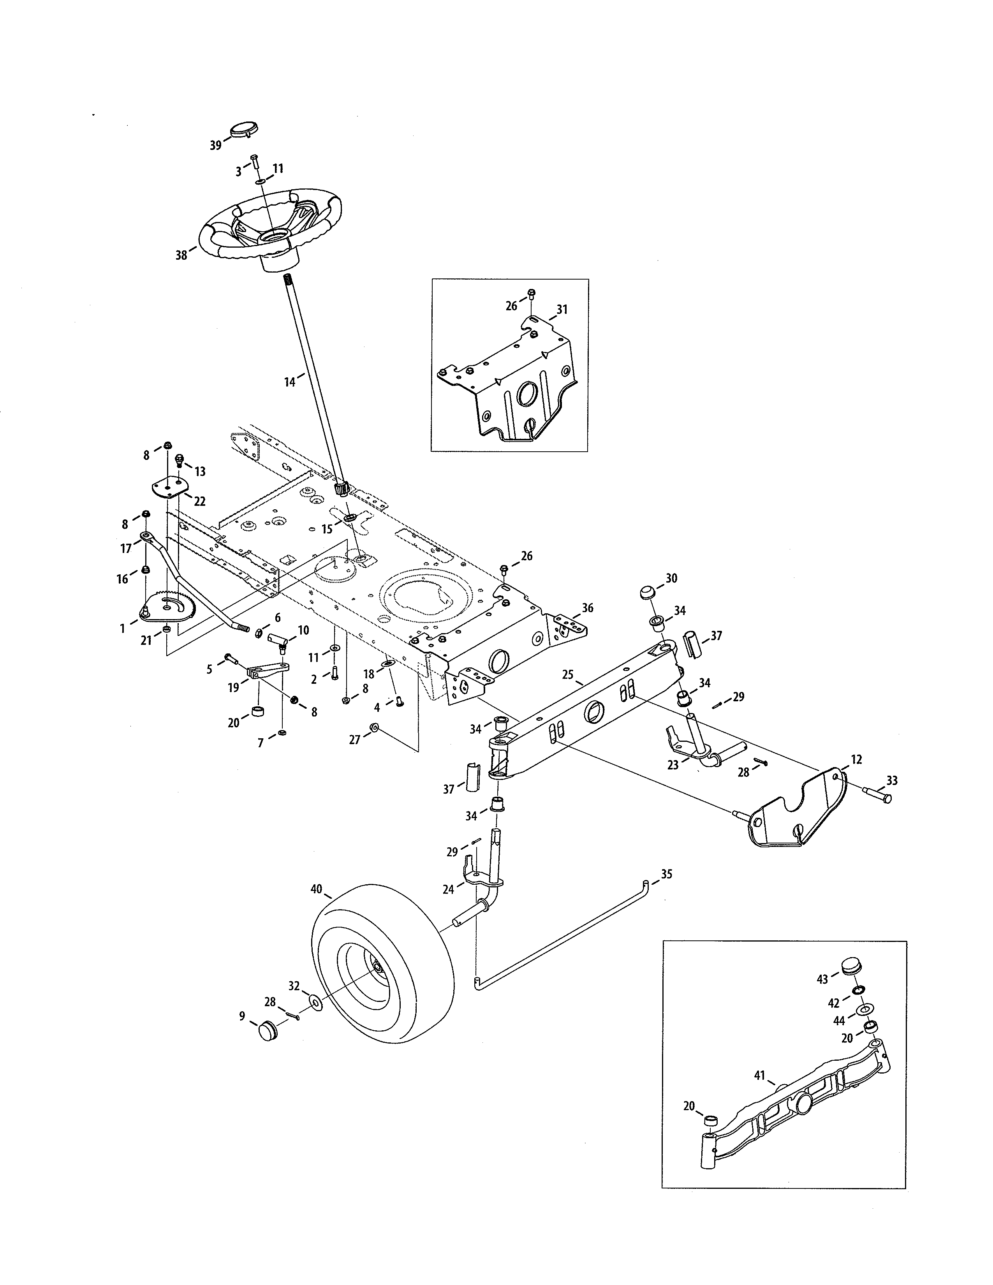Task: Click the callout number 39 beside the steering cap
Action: click(215, 145)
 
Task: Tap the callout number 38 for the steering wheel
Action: click(181, 255)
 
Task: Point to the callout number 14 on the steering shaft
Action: click(289, 382)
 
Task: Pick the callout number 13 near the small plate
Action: click(200, 471)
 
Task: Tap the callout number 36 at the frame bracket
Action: click(588, 608)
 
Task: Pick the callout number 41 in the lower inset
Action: click(759, 1076)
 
